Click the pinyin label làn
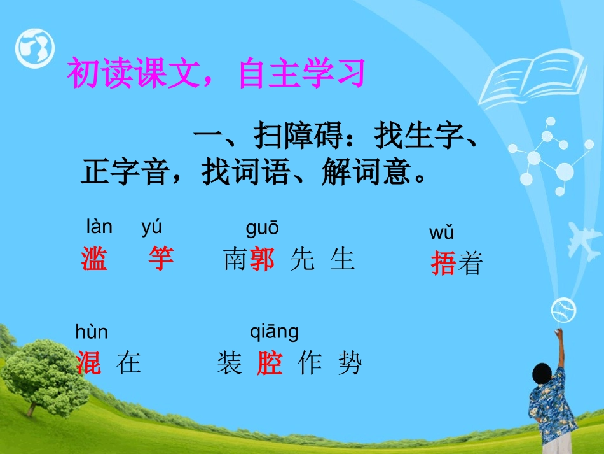pyautogui.click(x=99, y=227)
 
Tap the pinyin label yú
pyautogui.click(x=151, y=227)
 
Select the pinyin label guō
pyautogui.click(x=262, y=228)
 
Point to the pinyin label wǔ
pyautogui.click(x=441, y=233)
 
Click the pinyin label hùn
pyautogui.click(x=92, y=332)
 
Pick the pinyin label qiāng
pyautogui.click(x=274, y=332)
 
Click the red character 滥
pyautogui.click(x=94, y=260)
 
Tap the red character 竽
pyautogui.click(x=161, y=260)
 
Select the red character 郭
pyautogui.click(x=262, y=260)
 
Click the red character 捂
pyautogui.click(x=443, y=263)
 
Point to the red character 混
pyautogui.click(x=88, y=364)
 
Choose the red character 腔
pyautogui.click(x=270, y=364)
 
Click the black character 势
pyautogui.click(x=349, y=364)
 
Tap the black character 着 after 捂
pyautogui.click(x=470, y=263)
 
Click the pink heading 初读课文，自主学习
pyautogui.click(x=216, y=74)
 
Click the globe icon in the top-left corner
pyautogui.click(x=35, y=48)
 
